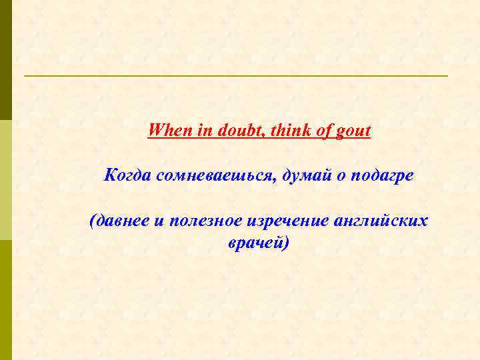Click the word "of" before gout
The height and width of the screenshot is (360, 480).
click(x=323, y=129)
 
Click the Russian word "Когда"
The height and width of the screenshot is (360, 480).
click(x=128, y=175)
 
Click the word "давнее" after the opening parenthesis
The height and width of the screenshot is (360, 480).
click(x=124, y=221)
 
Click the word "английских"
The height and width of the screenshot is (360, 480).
click(x=385, y=221)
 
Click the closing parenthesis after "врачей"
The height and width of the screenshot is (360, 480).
click(x=287, y=244)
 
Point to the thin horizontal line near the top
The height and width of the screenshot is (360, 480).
click(x=236, y=76)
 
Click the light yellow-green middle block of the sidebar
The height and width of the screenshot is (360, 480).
click(x=5, y=180)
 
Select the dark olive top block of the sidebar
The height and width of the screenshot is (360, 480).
click(x=5, y=60)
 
